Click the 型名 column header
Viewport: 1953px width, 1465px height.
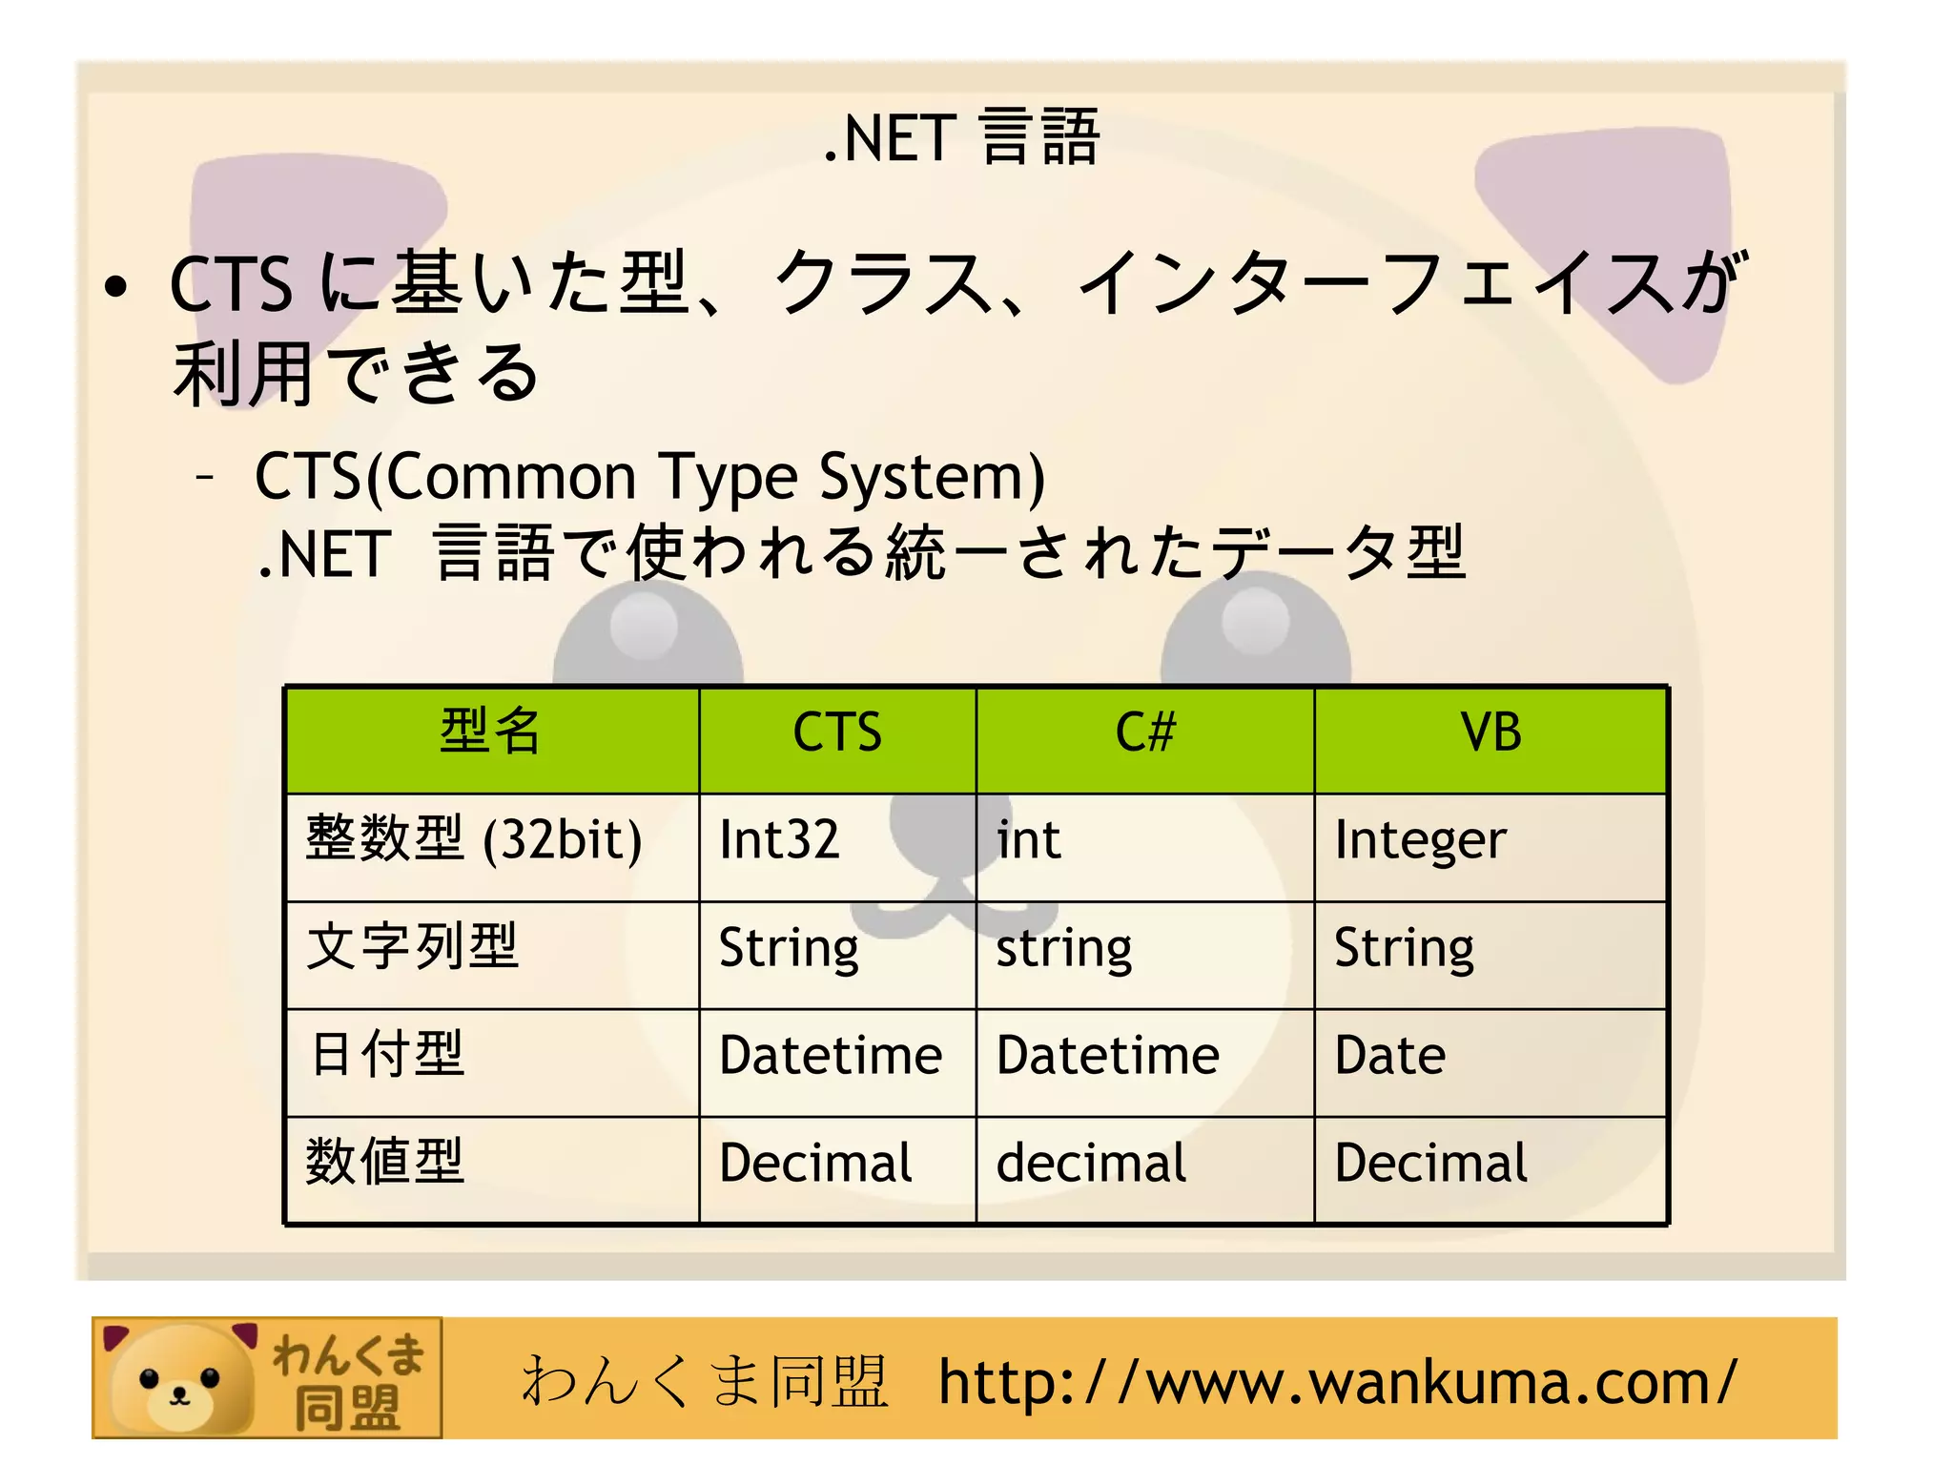tap(490, 732)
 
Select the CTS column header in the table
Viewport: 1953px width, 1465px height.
tap(837, 732)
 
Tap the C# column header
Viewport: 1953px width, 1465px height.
tap(1145, 732)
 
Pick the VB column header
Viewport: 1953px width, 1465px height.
tap(1490, 732)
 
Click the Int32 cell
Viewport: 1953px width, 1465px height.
tap(779, 840)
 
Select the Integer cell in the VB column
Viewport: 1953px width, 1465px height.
tap(1420, 840)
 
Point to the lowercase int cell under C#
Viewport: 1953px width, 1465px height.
tap(1028, 840)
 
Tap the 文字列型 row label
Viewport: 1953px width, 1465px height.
tap(412, 947)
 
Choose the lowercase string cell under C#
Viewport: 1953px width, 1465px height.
tap(1064, 949)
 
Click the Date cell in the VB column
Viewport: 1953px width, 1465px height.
tap(1389, 1056)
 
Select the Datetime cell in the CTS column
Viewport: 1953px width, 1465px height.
tap(831, 1056)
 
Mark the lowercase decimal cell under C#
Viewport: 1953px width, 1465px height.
tap(1091, 1164)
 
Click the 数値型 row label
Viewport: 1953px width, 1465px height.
tap(385, 1163)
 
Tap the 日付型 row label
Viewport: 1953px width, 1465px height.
tap(387, 1055)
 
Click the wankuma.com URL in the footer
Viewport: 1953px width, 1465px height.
tap(1337, 1382)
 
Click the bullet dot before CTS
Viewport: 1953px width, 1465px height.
tap(116, 288)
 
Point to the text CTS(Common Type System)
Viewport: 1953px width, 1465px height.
tap(649, 477)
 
